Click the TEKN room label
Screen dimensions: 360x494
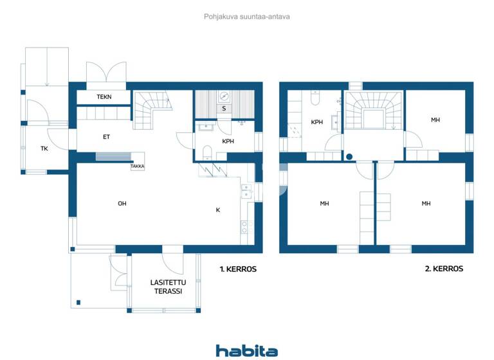(104, 97)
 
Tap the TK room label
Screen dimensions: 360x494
(44, 148)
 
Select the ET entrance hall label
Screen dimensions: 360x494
(106, 136)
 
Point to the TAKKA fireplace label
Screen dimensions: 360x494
(137, 166)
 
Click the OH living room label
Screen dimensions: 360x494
(122, 204)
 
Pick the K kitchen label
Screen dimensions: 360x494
(218, 210)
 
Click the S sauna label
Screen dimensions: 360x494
(224, 109)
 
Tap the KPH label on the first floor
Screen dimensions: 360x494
(228, 141)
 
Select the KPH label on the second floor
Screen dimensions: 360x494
(316, 122)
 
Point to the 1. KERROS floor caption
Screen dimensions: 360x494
(237, 269)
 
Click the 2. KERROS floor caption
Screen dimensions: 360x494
(444, 269)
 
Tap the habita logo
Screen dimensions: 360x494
(247, 350)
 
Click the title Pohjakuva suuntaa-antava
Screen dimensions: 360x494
(247, 17)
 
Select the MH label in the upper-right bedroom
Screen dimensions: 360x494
(435, 120)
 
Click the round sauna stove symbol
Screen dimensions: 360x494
(224, 96)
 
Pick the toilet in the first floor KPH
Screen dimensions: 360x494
(207, 152)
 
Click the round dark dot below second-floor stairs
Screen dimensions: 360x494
(349, 156)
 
